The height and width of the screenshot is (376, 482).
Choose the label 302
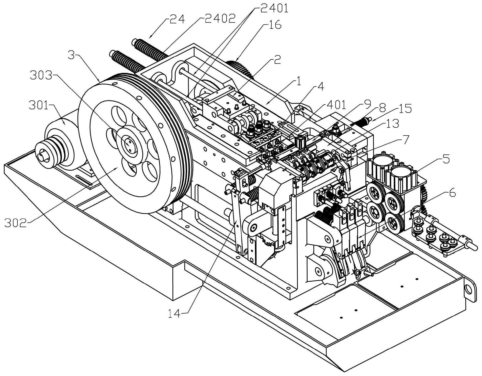click(16, 223)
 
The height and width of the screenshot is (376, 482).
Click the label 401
click(335, 105)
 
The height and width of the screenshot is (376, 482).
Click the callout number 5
click(446, 160)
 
